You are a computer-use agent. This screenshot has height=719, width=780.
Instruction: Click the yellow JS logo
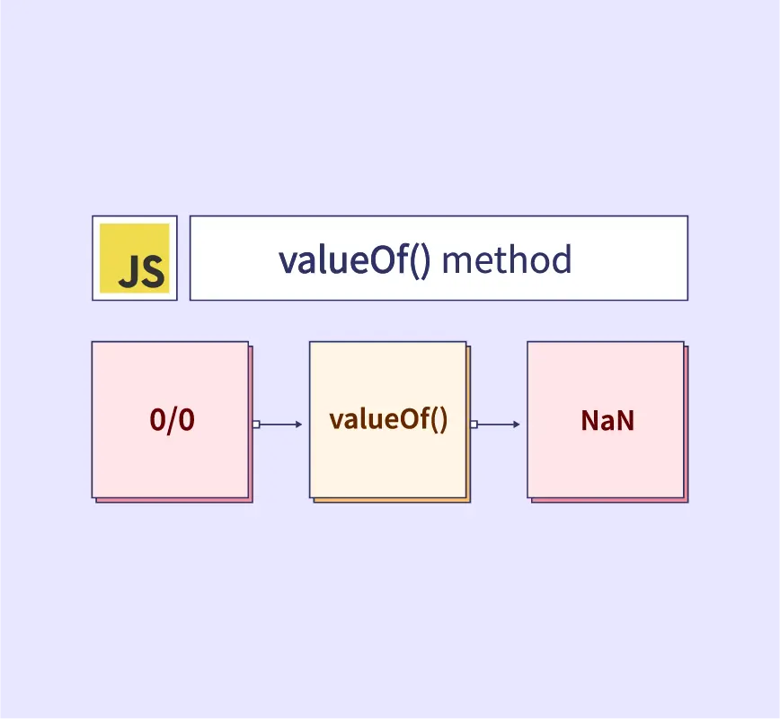pyautogui.click(x=134, y=259)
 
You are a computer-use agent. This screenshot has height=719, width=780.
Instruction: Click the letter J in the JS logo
pyautogui.click(x=129, y=271)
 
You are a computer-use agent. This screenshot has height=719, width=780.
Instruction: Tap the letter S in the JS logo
pyautogui.click(x=152, y=271)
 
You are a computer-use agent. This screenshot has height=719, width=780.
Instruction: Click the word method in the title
pyautogui.click(x=507, y=259)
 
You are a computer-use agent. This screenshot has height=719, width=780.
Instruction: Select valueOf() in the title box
pyautogui.click(x=354, y=260)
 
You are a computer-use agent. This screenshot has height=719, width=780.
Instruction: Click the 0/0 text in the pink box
pyautogui.click(x=173, y=420)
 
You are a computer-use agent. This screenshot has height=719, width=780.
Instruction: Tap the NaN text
pyautogui.click(x=607, y=420)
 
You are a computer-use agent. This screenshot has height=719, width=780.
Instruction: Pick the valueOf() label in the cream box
pyautogui.click(x=388, y=419)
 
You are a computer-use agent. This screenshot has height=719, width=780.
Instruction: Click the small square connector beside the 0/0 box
pyautogui.click(x=256, y=425)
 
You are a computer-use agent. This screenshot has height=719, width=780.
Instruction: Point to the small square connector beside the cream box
pyautogui.click(x=474, y=425)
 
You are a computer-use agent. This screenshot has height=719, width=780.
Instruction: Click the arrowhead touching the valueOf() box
pyautogui.click(x=299, y=425)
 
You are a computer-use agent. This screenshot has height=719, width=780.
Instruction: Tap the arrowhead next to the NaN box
pyautogui.click(x=517, y=425)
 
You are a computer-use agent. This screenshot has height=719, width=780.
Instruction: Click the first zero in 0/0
pyautogui.click(x=157, y=420)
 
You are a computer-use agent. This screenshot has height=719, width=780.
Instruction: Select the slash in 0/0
pyautogui.click(x=173, y=421)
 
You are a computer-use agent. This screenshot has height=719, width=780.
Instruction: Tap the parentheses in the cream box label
pyautogui.click(x=439, y=420)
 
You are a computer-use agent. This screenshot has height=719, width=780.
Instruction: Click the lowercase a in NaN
pyautogui.click(x=607, y=423)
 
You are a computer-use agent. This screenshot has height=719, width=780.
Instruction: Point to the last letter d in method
pyautogui.click(x=562, y=259)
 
